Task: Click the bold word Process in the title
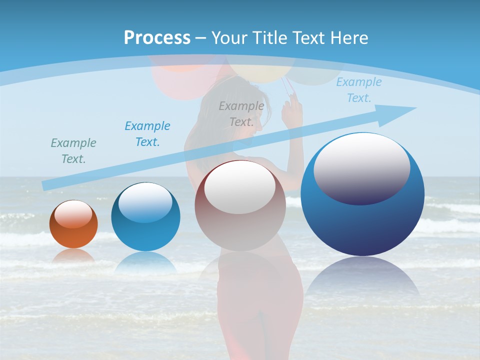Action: pos(157,38)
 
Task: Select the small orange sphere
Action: pos(73,224)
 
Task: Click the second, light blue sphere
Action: pos(145,217)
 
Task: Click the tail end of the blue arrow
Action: pos(46,186)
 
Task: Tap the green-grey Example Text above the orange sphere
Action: pos(73,150)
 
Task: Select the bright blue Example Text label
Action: pos(147,133)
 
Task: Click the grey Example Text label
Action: pos(241,113)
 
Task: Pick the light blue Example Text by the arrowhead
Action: pos(359,90)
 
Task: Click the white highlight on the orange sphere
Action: pos(73,214)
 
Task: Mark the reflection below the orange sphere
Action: pos(73,256)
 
